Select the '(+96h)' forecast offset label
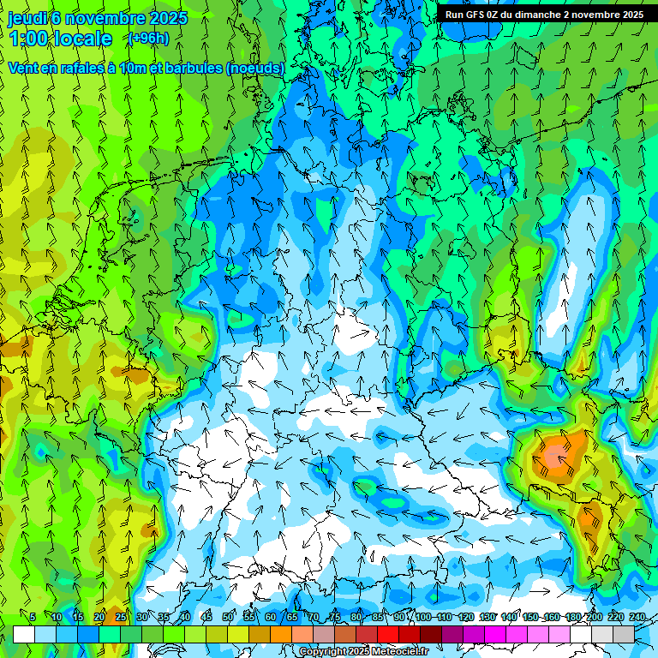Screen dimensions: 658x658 (148, 38)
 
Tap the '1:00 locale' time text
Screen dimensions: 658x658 (60, 39)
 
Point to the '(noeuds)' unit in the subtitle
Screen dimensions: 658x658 (254, 68)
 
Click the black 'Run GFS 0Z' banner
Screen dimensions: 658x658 (544, 14)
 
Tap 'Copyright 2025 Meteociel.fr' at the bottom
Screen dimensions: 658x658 (364, 652)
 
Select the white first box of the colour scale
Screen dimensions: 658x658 (24, 634)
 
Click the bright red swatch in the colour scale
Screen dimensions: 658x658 (388, 634)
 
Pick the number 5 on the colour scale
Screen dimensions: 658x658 (33, 617)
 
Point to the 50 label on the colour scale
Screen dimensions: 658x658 (228, 617)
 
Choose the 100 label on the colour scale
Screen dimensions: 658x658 (422, 617)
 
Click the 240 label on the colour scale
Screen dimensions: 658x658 (637, 617)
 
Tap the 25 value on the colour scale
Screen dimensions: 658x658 (120, 617)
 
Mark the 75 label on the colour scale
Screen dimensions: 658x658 (335, 617)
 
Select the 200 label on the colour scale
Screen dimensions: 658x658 (594, 617)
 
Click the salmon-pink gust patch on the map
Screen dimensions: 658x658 (555, 450)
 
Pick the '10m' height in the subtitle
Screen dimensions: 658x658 (135, 68)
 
